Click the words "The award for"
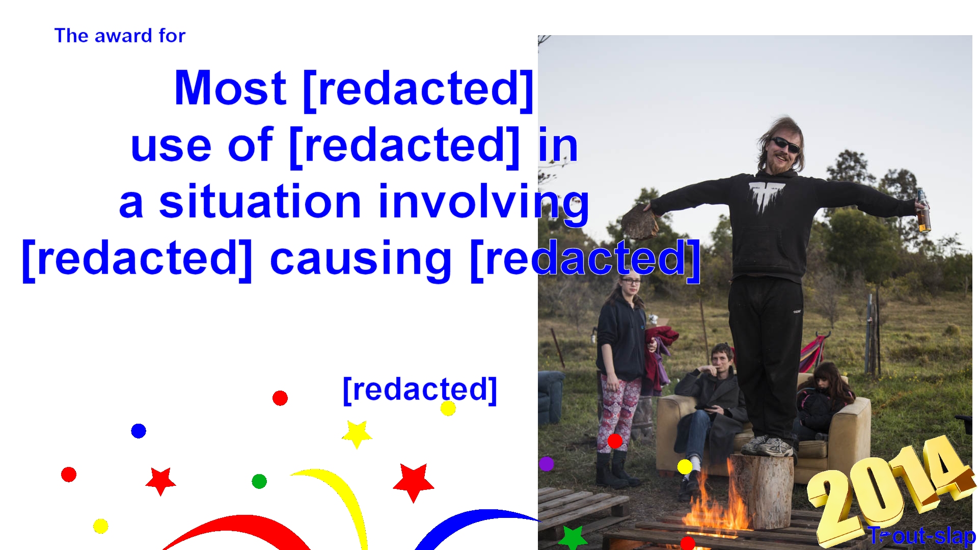[120, 36]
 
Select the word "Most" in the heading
[230, 88]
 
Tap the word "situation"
[260, 202]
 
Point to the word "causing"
[360, 260]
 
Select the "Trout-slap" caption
[922, 536]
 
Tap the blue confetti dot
[139, 431]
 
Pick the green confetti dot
[259, 481]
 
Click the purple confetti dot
[546, 464]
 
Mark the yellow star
[357, 434]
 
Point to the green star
[573, 538]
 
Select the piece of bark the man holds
[639, 222]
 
